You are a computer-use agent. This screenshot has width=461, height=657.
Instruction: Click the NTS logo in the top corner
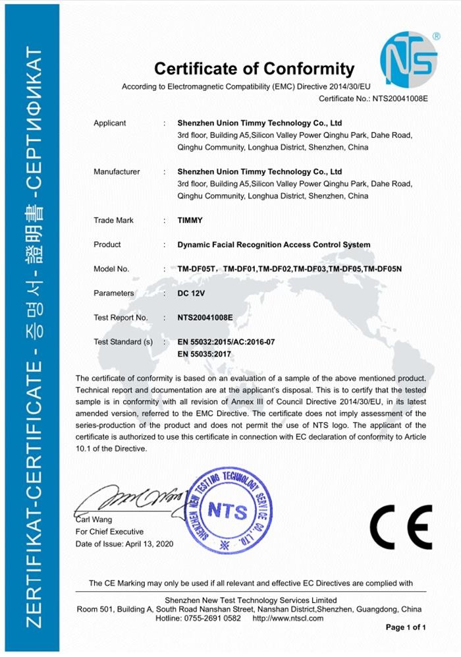click(x=408, y=59)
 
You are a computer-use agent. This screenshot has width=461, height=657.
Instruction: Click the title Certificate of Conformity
click(x=254, y=69)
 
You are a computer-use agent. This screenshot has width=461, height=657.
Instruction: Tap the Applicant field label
click(x=110, y=123)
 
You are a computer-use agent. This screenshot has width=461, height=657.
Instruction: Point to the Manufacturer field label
click(x=117, y=172)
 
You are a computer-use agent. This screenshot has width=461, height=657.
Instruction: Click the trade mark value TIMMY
click(x=190, y=221)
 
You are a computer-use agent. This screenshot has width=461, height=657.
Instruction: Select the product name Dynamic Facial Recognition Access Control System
click(x=274, y=245)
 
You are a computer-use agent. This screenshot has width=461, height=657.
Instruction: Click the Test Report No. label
click(x=121, y=318)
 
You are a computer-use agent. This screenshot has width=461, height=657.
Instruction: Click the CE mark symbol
click(x=400, y=527)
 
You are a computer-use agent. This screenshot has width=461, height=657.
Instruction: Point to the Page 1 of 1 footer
click(x=406, y=627)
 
